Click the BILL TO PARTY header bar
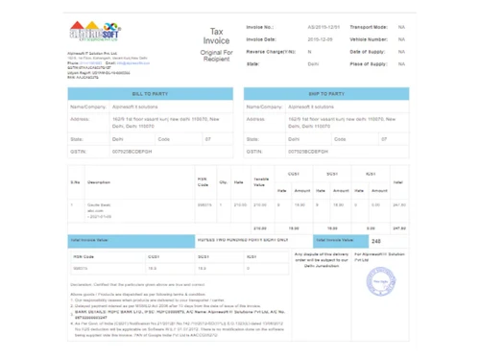[x=151, y=93]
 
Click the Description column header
[x=99, y=180]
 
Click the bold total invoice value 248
[x=376, y=241]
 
